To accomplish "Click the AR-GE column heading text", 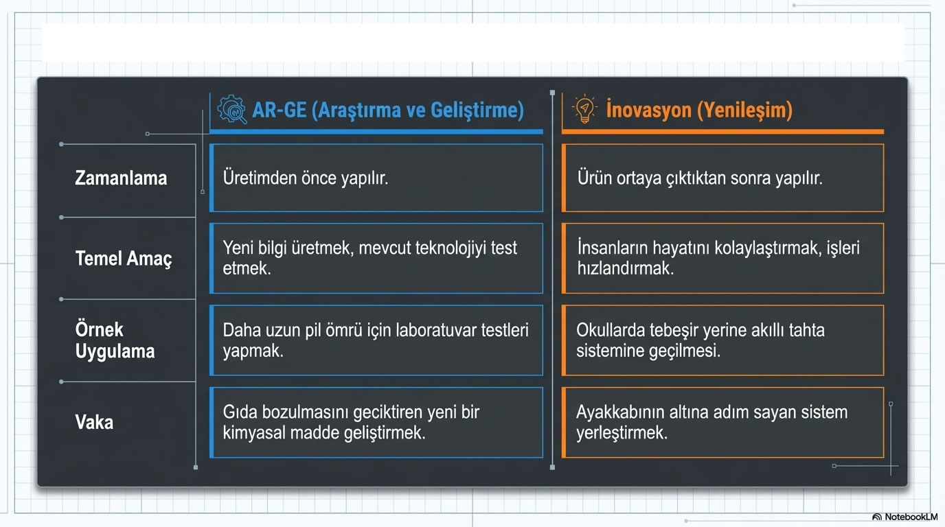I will [388, 110].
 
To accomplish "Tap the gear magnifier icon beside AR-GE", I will [232, 110].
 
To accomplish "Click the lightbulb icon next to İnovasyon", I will [584, 110].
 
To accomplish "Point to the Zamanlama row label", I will [121, 178].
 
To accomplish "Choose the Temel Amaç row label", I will [124, 259].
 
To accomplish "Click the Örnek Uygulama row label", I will [115, 340].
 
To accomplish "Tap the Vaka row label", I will [94, 421].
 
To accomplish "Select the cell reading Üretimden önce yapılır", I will [376, 178].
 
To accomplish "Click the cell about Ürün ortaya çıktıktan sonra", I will [722, 178].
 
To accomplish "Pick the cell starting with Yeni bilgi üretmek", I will [376, 258].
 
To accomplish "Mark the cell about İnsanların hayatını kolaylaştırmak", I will [722, 258].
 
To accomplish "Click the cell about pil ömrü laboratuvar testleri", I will [376, 340].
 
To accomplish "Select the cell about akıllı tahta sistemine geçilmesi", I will [722, 340].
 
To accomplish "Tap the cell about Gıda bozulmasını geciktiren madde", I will [376, 422].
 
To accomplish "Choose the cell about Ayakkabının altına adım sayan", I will [722, 422].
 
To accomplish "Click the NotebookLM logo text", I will [911, 517].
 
